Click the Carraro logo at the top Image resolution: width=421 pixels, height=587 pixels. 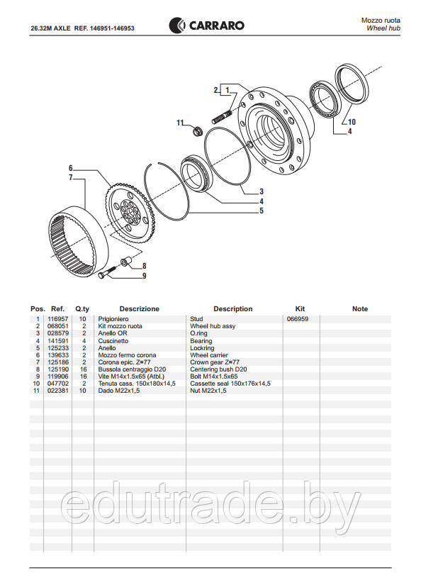click(x=206, y=26)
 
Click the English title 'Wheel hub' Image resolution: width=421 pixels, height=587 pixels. click(x=383, y=29)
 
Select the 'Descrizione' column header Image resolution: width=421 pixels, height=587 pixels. click(x=139, y=309)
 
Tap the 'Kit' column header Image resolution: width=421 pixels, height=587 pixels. click(x=300, y=309)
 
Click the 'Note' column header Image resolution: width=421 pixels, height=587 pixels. click(x=360, y=309)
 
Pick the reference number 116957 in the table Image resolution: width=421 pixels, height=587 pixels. click(x=58, y=320)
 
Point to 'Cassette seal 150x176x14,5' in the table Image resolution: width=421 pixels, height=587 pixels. click(x=230, y=384)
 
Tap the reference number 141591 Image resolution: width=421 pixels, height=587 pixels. click(x=58, y=341)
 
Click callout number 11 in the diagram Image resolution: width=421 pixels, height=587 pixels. click(x=180, y=123)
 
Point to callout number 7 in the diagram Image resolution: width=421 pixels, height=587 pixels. click(x=71, y=177)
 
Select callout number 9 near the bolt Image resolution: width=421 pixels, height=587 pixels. click(x=144, y=276)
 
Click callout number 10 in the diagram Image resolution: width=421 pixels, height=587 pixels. click(x=352, y=122)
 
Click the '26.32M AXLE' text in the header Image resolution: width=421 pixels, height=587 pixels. click(x=52, y=29)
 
